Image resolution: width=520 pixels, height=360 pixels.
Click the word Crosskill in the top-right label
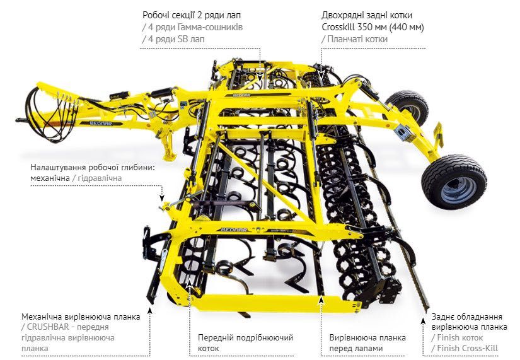[340, 28]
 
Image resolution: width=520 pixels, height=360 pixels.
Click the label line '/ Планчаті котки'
[354, 39]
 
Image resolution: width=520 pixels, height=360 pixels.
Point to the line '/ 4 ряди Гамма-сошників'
[193, 28]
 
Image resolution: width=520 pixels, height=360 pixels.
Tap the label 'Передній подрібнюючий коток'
[234, 342]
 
